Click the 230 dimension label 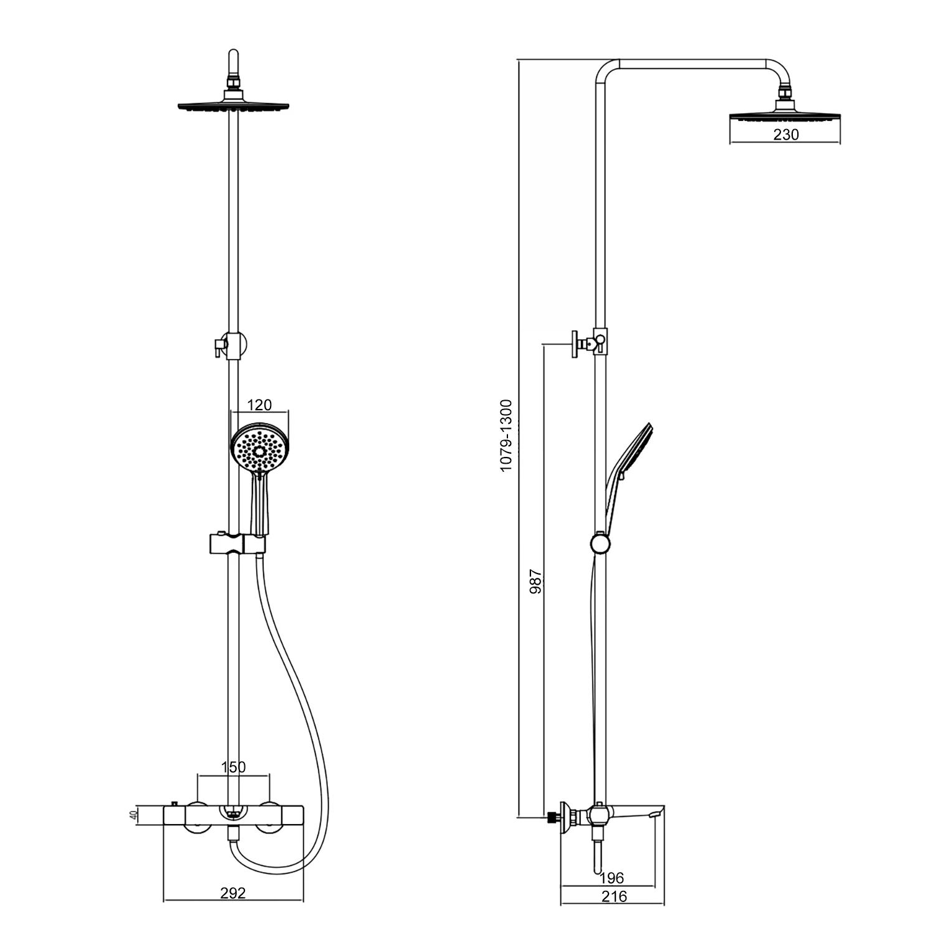pos(785,135)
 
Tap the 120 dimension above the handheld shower pos(259,405)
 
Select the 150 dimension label pos(234,767)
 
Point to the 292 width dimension pos(233,893)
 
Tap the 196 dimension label pos(611,878)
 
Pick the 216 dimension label pos(615,896)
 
